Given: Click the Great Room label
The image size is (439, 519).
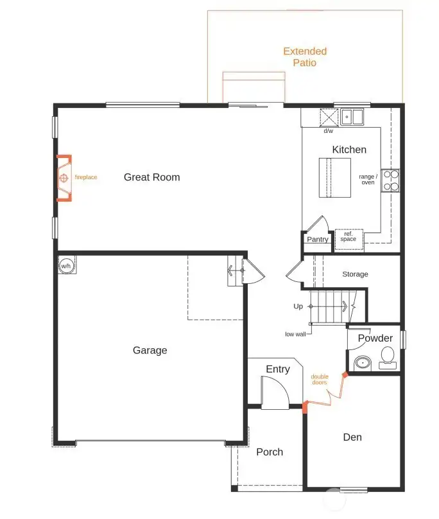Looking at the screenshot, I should point(151,177).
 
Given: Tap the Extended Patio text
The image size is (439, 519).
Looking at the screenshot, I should point(305,57).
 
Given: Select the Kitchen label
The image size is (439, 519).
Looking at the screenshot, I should point(349,150).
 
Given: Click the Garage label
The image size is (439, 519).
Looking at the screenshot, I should point(150,350).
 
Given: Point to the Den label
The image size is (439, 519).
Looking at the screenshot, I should point(352,437).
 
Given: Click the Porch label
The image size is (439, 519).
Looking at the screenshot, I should point(270,452).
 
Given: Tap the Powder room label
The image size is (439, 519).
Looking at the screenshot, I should point(375,339).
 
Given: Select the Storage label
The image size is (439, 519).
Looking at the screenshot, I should point(355,274).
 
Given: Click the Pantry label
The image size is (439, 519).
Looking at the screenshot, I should point(317,240).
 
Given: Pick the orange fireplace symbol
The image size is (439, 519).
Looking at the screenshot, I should point(64,178).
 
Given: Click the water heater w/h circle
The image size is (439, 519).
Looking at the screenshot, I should point(66,265).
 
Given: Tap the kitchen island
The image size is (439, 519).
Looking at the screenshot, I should point(336,177).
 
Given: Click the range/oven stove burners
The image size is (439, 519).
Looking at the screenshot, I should point(390,180).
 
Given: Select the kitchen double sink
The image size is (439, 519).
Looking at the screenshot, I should point(352,117).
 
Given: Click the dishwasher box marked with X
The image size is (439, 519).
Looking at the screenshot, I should point(329,118).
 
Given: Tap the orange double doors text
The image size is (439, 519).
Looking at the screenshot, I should point(319,379).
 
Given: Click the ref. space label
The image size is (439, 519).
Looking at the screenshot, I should point(349,236).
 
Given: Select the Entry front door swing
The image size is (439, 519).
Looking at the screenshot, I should point(275,392).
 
